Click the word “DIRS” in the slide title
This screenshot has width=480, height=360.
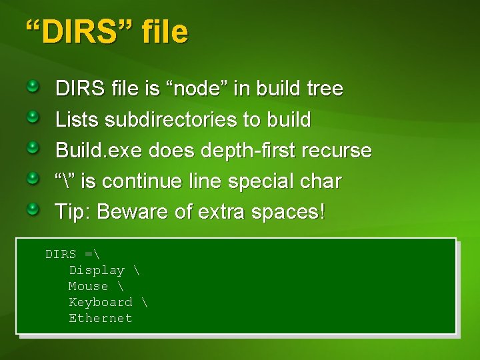point(79,31)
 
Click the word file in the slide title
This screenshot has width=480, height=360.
point(164,31)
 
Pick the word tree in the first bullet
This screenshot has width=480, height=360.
point(322,89)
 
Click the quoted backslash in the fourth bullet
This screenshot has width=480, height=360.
point(65,181)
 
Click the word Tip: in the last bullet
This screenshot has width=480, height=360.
point(73,212)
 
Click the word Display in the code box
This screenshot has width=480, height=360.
point(97,270)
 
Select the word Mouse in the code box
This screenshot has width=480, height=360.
point(88,286)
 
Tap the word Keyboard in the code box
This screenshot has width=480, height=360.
point(101,302)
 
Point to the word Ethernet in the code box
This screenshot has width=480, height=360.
point(101,318)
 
